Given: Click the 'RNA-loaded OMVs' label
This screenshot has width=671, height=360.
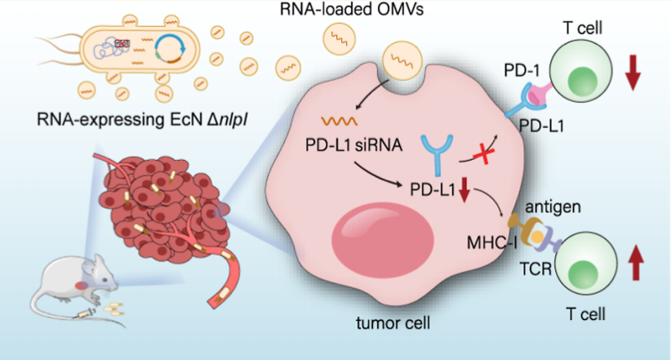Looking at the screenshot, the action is (x=351, y=10).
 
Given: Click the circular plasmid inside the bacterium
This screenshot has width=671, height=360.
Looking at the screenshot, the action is (x=170, y=49).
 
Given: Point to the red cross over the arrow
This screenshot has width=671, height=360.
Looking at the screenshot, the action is (x=483, y=153).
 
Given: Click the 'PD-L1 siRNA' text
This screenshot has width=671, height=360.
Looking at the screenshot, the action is (x=354, y=145).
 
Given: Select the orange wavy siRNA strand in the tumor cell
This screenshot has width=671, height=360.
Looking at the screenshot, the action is (x=340, y=122).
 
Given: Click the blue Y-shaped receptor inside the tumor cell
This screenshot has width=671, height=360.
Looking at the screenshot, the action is (x=437, y=155).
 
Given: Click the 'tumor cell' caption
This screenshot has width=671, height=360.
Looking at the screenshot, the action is (x=393, y=322).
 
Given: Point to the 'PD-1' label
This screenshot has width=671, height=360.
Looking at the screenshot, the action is (x=522, y=71).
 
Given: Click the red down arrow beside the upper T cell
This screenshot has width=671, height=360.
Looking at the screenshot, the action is (x=633, y=72).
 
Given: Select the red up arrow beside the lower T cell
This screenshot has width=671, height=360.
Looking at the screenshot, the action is (x=635, y=262).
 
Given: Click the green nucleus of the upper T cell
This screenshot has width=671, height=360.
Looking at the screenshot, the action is (x=583, y=82).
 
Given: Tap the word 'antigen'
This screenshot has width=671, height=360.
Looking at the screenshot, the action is (x=553, y=207).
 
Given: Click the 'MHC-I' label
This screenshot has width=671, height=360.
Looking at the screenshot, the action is (x=492, y=243).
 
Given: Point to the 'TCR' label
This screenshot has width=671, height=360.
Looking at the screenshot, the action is (x=535, y=269).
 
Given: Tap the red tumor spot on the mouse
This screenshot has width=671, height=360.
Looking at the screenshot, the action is (x=82, y=286).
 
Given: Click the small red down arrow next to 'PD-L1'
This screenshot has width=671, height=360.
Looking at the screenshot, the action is (x=464, y=190).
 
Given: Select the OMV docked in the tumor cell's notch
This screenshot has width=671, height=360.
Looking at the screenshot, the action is (x=402, y=60).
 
